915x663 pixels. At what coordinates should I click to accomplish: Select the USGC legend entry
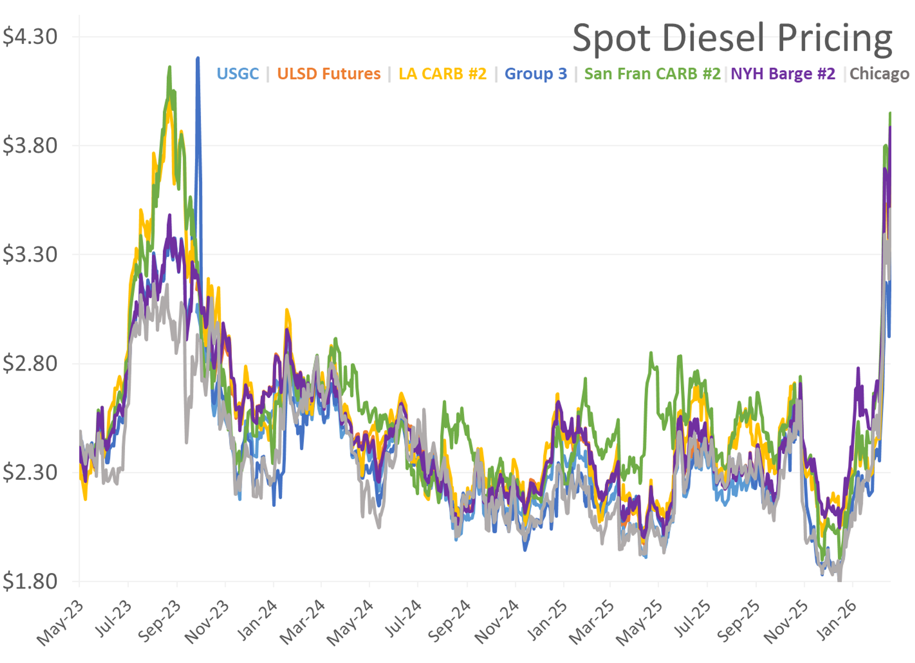point(238,74)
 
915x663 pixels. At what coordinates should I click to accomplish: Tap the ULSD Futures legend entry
point(329,74)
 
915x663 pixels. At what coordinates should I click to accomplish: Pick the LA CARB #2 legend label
point(442,74)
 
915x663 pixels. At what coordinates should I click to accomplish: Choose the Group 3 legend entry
point(536,74)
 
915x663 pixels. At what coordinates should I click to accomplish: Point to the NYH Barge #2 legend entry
point(783,74)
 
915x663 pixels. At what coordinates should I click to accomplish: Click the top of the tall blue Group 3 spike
point(198,58)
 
